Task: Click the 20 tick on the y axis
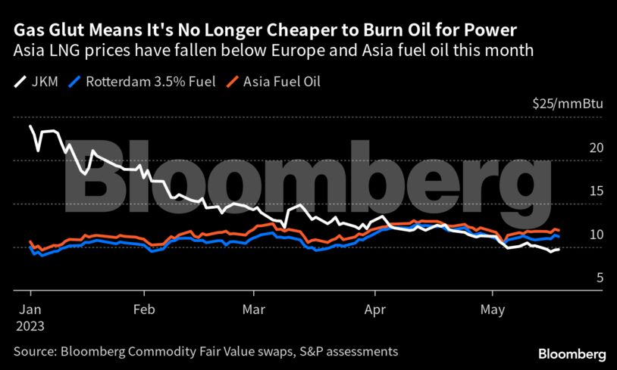click(597, 148)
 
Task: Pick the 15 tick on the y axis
click(597, 191)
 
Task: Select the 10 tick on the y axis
click(597, 235)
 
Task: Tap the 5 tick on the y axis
click(600, 278)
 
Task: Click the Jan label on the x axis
click(30, 309)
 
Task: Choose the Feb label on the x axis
click(143, 309)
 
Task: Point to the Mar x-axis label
click(254, 309)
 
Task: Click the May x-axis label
click(493, 309)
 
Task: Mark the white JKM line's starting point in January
click(30, 126)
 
